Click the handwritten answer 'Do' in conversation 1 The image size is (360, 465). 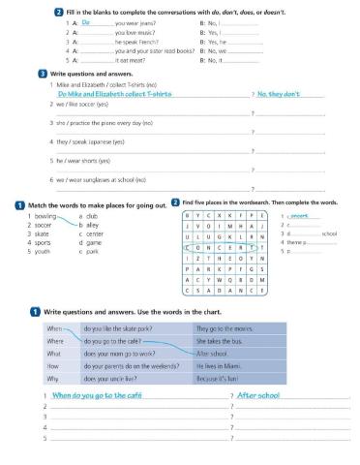tap(86, 20)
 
